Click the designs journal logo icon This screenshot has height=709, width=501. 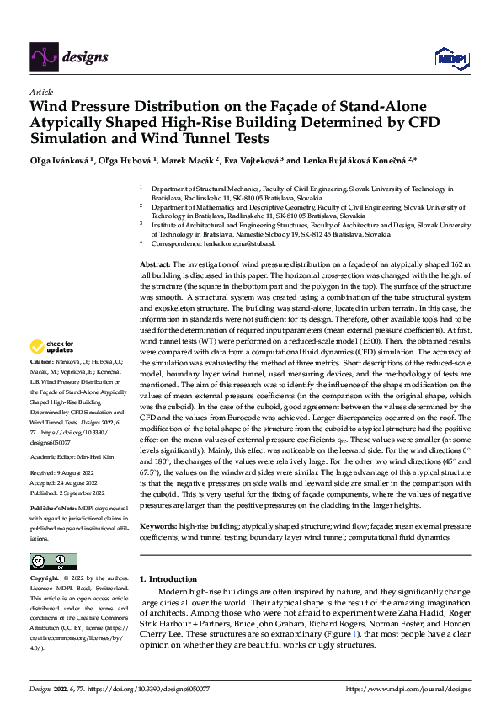pyautogui.click(x=43, y=56)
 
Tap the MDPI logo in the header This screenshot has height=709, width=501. pyautogui.click(x=450, y=57)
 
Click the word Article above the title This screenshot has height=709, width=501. pyautogui.click(x=41, y=92)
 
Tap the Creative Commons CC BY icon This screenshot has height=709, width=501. pyautogui.click(x=53, y=561)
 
